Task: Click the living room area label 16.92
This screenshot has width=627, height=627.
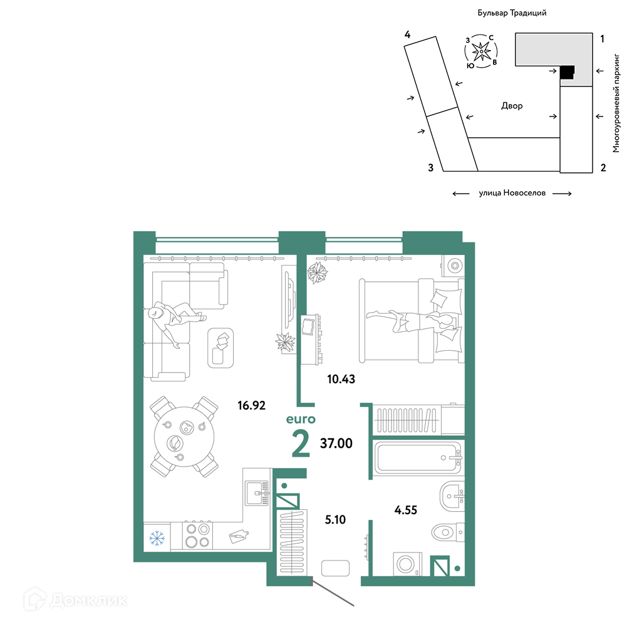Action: click(251, 405)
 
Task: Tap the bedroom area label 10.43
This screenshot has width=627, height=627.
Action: click(341, 379)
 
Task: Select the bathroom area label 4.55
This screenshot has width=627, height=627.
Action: click(405, 510)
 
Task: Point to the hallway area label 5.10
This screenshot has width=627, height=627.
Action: click(335, 519)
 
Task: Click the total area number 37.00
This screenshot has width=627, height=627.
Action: click(336, 443)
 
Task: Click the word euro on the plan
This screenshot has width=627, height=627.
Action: click(301, 419)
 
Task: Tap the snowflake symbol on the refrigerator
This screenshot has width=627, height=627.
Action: click(157, 538)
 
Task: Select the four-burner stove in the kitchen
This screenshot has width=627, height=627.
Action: click(198, 535)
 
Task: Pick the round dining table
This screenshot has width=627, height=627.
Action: click(184, 437)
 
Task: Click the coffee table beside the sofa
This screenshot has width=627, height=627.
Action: click(220, 348)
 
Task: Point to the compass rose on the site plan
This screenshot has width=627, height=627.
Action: click(481, 51)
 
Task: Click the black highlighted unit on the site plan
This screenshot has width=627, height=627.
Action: click(567, 73)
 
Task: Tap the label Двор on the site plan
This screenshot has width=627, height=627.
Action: click(512, 106)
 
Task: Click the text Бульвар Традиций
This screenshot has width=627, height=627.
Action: click(512, 13)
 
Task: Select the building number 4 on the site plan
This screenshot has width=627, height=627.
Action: click(407, 35)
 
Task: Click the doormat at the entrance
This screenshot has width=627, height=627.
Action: click(335, 568)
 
